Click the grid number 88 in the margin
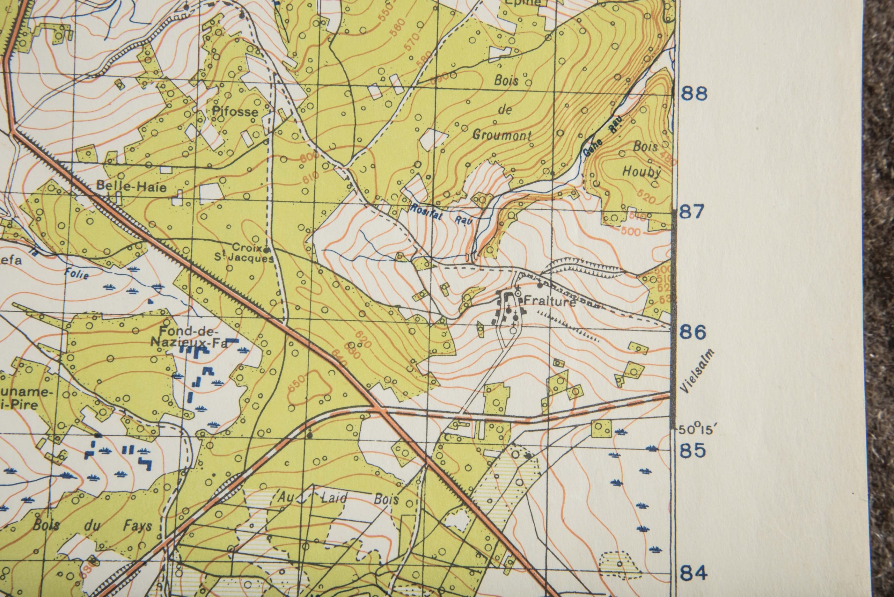tap(694, 94)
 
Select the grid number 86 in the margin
tap(694, 333)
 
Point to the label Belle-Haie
tap(131, 187)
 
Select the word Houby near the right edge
tap(643, 172)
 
